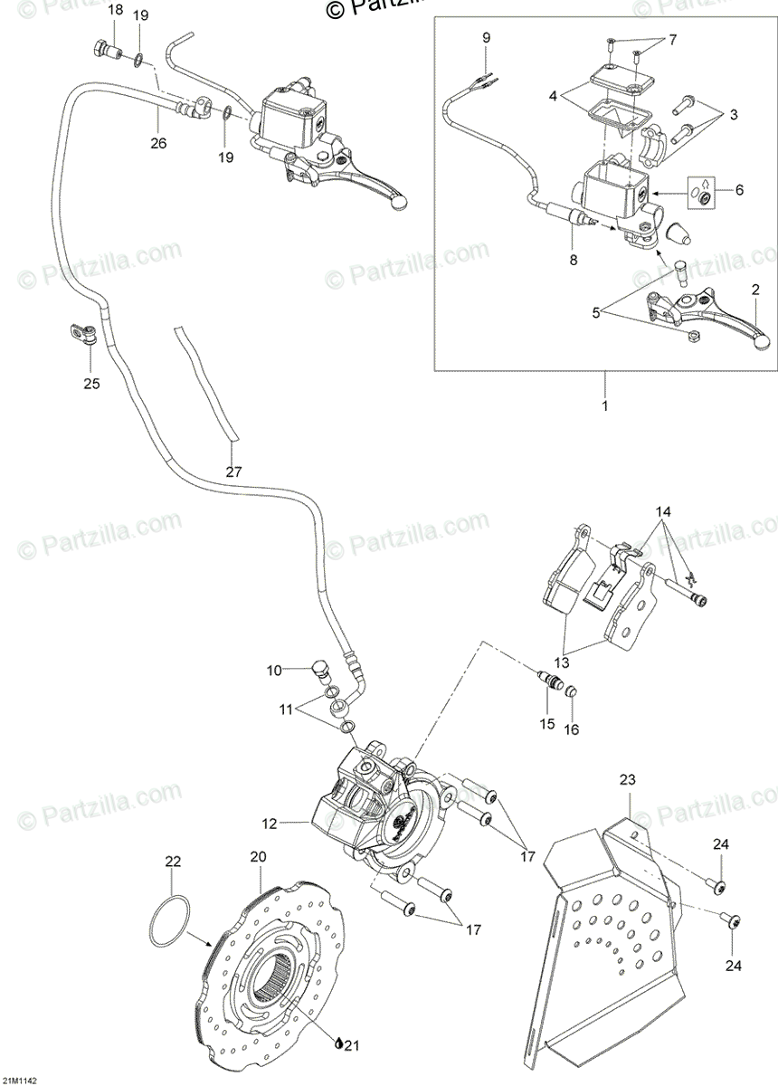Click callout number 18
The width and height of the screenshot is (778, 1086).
(115, 10)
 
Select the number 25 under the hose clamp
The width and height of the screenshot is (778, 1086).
(91, 384)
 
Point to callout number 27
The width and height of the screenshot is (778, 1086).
(233, 472)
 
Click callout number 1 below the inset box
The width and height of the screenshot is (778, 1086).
(604, 405)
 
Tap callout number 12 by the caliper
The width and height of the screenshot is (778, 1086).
(269, 824)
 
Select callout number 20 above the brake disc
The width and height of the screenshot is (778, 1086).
(259, 856)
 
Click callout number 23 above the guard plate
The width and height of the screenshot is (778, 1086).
(628, 779)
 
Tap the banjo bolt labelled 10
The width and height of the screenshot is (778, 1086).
(318, 671)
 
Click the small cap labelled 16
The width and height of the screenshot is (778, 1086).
(572, 692)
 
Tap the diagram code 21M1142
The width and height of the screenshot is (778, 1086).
(19, 1080)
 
